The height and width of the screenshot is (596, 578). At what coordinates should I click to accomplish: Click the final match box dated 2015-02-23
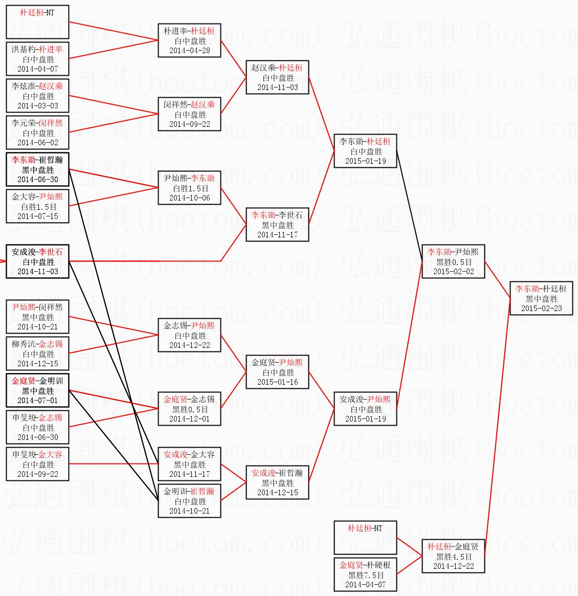[541, 298]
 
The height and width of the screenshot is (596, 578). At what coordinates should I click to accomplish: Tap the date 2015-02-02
[453, 272]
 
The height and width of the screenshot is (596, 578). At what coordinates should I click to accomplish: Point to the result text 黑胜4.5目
[454, 557]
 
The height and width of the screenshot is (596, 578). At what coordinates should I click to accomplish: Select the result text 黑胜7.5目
[365, 575]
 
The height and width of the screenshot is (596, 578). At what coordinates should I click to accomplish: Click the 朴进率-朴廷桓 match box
[189, 40]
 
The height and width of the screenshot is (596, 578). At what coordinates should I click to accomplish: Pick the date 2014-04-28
[189, 51]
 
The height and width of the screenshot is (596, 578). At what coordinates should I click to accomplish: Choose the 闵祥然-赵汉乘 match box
[189, 114]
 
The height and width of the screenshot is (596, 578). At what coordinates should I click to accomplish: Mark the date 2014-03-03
[38, 106]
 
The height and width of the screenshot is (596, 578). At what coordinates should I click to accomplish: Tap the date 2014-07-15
[38, 216]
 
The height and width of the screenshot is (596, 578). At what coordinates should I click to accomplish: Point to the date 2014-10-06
[189, 198]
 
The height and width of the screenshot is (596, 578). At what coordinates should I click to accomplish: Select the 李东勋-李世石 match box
[277, 225]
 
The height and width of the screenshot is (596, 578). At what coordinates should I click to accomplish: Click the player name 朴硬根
[379, 565]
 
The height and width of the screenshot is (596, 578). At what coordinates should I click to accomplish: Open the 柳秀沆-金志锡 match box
[38, 354]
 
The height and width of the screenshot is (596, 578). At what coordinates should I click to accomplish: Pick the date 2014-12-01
[189, 419]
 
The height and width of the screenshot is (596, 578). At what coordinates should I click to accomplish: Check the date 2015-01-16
[277, 382]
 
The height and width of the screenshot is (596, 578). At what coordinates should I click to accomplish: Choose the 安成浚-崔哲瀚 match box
[277, 482]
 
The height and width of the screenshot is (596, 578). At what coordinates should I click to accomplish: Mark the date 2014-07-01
[38, 401]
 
